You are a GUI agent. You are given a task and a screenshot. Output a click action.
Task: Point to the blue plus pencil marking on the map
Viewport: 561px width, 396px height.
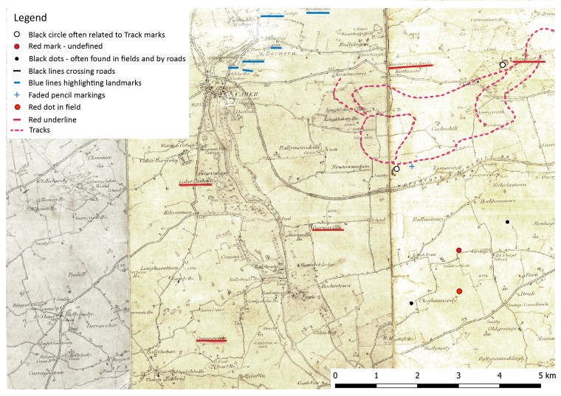pyautogui.click(x=412, y=167)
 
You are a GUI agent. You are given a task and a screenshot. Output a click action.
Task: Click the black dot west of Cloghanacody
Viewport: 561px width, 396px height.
pyautogui.click(x=411, y=303)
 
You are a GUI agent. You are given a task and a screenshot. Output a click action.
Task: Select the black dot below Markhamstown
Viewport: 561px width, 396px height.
pyautogui.click(x=507, y=222)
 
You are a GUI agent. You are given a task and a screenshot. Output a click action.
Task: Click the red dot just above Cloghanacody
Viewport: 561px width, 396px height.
pyautogui.click(x=459, y=292)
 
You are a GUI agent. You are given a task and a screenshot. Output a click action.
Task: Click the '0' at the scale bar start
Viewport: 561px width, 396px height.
pyautogui.click(x=336, y=376)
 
